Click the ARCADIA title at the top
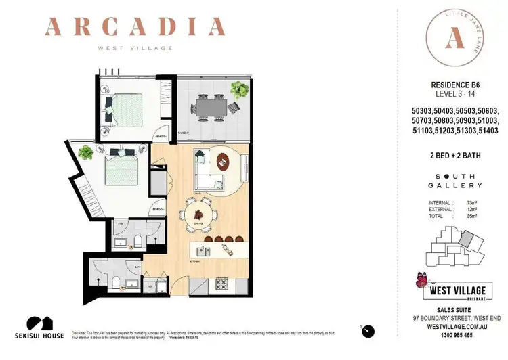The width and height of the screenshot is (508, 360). pyautogui.click(x=135, y=28)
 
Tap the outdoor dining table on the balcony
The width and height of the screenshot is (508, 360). pyautogui.click(x=211, y=106)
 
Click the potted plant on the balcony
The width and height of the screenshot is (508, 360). pyautogui.click(x=239, y=89)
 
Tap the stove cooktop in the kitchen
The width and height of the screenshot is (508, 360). pyautogui.click(x=221, y=282)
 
